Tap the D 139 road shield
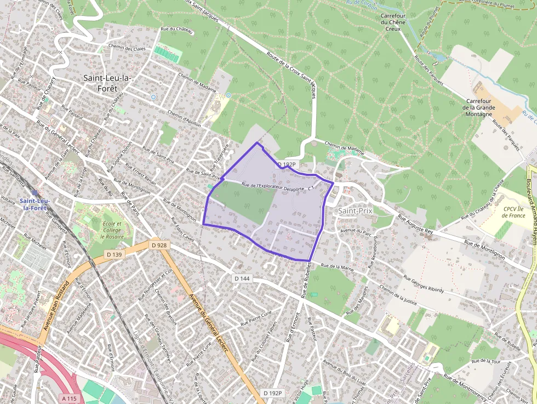pyautogui.click(x=115, y=254)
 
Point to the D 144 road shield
pyautogui.click(x=242, y=278)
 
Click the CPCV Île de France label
pyautogui.click(x=514, y=212)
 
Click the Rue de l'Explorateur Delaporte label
pyautogui.click(x=273, y=187)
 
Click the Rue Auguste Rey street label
pyautogui.click(x=415, y=225)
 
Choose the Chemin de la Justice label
pyautogui.click(x=398, y=295)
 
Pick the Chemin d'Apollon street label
pyautogui.click(x=184, y=118)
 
